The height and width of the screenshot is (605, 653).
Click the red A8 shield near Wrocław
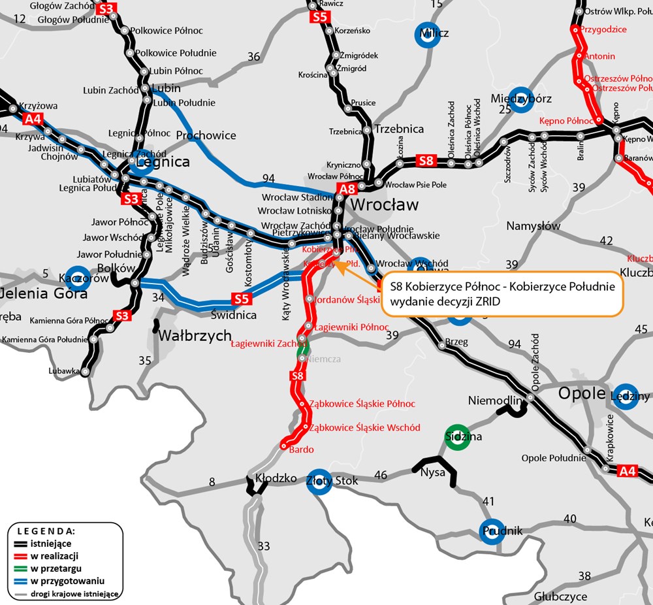347,190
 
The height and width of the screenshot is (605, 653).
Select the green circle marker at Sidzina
457,438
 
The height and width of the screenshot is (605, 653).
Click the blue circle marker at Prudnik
492,531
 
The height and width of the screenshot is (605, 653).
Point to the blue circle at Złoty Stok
319,482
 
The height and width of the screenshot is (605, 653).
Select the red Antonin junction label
599,56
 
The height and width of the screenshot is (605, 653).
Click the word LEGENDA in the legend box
46,531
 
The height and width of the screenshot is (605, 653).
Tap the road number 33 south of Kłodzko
264,546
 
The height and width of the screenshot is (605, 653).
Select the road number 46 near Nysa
380,475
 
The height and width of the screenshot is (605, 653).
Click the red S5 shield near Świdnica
242,299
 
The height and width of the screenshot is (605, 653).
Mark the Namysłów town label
534,226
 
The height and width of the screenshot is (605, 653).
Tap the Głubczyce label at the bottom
560,597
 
